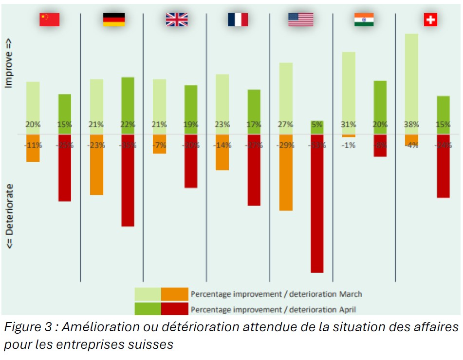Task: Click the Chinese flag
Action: tap(49, 19)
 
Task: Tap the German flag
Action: tap(113, 19)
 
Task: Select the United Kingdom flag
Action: tap(176, 19)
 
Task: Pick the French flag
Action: tap(238, 19)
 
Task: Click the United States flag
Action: tap(300, 19)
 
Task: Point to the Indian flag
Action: tap(364, 19)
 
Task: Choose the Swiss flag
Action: tap(430, 19)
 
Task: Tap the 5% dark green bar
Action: tap(317, 128)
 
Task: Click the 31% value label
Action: tap(349, 125)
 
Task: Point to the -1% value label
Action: tap(349, 145)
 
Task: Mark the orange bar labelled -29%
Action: tap(286, 175)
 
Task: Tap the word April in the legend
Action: tap(348, 309)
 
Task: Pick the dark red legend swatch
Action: tap(174, 309)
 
